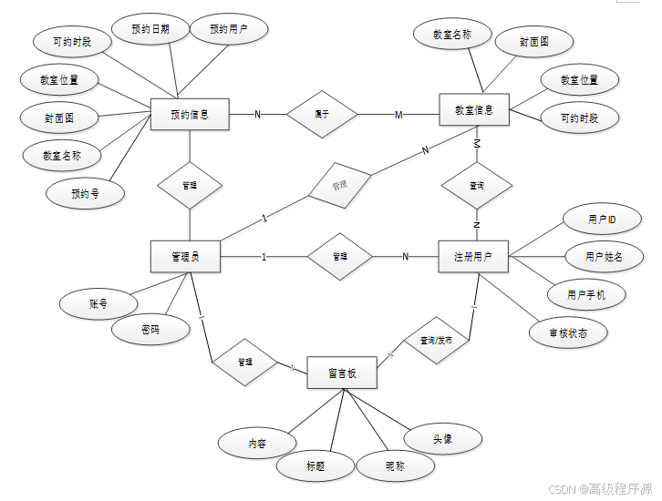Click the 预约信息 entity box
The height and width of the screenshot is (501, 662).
click(189, 114)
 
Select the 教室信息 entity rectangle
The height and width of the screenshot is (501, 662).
click(473, 110)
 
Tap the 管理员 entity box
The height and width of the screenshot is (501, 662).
click(185, 256)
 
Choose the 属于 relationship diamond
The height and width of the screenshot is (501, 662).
click(321, 114)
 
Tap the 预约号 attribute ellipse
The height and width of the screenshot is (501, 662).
click(85, 192)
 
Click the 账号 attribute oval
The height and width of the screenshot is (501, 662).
click(98, 304)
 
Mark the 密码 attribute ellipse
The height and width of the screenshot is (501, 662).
click(150, 330)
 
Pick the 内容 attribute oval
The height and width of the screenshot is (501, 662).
click(257, 443)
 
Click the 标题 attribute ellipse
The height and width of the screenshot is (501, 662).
click(315, 466)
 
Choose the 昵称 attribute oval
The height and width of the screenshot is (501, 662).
click(395, 465)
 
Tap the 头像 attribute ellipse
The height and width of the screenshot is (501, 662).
click(442, 439)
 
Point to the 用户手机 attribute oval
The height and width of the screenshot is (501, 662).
click(584, 294)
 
